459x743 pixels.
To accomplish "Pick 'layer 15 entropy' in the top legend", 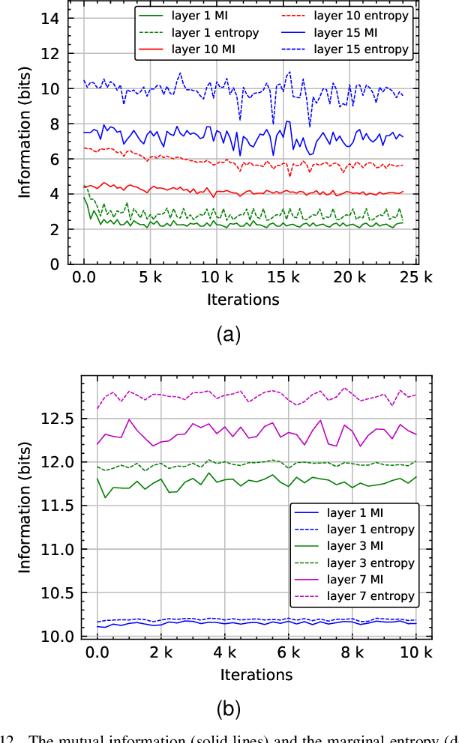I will point(359,49).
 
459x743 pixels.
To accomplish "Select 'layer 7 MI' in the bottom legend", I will point(358,580).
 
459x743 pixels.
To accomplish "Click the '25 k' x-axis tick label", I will point(416,278).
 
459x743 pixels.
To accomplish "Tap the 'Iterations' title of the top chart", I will point(243,300).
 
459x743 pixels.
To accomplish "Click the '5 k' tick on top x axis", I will point(150,278).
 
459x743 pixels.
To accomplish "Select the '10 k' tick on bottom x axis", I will point(416,652).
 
